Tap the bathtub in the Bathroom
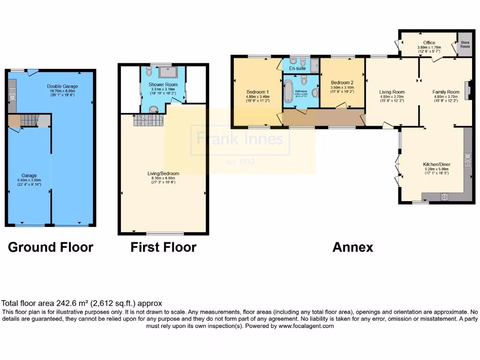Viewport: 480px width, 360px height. click(288, 91)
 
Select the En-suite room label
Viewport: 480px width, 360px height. click(298, 68)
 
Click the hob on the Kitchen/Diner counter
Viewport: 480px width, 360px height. click(444, 195)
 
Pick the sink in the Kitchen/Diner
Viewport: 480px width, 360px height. click(467, 160)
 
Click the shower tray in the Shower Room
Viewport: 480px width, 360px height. click(167, 72)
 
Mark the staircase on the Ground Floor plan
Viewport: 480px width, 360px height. click(29, 121)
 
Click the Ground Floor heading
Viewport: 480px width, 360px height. click(51, 247)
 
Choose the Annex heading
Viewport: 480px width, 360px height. click(352, 247)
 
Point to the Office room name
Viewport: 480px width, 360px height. click(429, 43)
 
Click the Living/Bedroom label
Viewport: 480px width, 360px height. click(163, 173)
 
